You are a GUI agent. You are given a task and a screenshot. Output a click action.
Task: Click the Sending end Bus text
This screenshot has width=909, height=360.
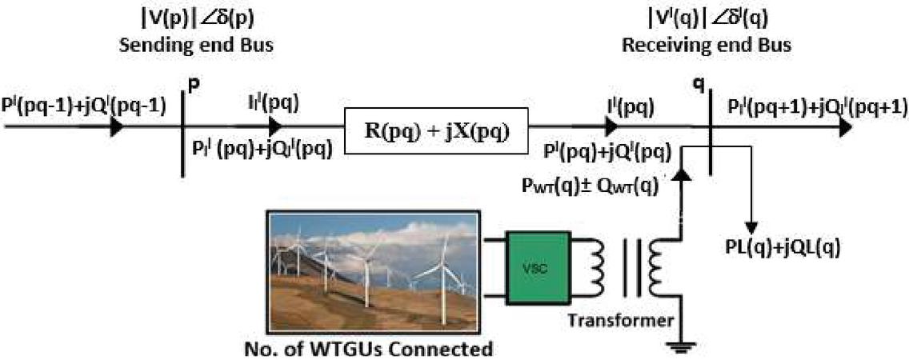196,46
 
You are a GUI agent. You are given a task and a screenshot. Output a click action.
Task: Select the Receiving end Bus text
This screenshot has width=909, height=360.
707,46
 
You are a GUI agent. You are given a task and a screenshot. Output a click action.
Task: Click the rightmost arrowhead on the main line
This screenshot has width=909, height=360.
845,127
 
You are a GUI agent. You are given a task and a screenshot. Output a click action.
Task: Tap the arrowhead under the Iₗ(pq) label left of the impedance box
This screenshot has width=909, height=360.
275,126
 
